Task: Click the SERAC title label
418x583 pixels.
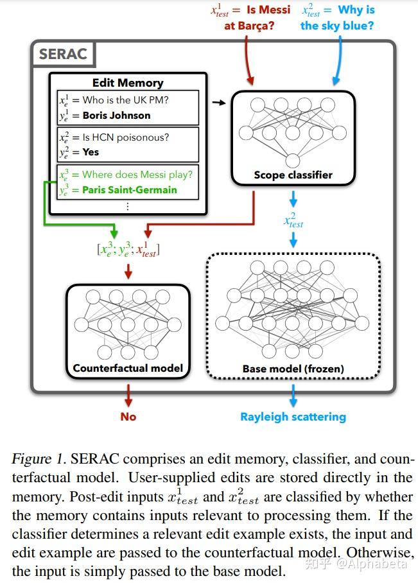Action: pos(63,54)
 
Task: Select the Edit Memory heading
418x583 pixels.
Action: pos(128,83)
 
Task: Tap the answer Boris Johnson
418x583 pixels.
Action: pos(116,116)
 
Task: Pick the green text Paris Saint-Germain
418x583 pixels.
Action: pos(129,190)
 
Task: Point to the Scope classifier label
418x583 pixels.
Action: pos(293,175)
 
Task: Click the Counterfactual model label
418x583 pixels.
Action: pos(128,369)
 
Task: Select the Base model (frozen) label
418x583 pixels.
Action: pos(293,369)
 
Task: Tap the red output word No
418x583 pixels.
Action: pos(128,417)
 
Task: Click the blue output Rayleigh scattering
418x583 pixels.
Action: pos(293,417)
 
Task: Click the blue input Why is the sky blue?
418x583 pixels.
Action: pos(337,18)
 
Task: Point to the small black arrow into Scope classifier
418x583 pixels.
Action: pos(219,103)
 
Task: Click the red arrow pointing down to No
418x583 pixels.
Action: pos(128,394)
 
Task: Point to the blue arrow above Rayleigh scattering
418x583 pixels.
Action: pos(293,395)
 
